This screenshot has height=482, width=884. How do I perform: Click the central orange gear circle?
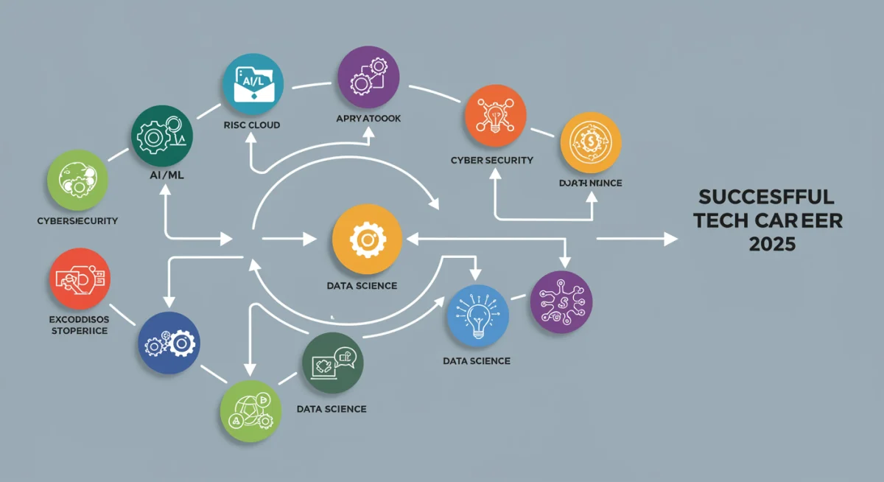click(x=367, y=240)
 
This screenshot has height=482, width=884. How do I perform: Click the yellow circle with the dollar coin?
click(x=590, y=142)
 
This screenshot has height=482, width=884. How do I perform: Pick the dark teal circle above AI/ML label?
click(x=163, y=136)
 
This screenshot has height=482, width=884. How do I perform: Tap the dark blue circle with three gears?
click(x=169, y=343)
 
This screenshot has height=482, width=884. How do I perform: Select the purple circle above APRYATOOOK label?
click(x=368, y=78)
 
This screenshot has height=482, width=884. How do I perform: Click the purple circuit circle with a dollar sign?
click(x=561, y=301)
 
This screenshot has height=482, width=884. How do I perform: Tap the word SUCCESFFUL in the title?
click(x=765, y=197)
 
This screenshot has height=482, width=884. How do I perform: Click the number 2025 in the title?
click(x=771, y=244)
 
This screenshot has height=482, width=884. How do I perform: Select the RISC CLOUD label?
click(x=251, y=125)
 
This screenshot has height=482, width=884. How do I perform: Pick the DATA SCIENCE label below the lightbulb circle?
click(x=477, y=360)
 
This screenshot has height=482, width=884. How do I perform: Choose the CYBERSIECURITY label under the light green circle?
click(x=77, y=220)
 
